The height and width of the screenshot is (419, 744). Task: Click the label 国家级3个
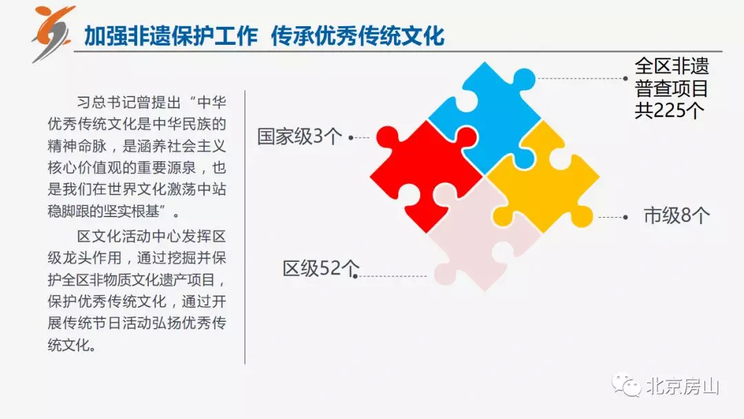click(300, 136)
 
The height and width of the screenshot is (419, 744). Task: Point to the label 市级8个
click(676, 216)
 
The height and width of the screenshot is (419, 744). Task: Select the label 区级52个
click(321, 268)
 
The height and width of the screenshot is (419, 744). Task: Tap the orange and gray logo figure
click(53, 32)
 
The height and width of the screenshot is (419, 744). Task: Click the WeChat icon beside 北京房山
click(626, 386)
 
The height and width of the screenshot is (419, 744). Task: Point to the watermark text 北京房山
click(683, 387)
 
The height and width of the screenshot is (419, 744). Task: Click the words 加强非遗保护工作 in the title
click(171, 36)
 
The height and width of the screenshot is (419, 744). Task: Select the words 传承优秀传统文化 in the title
click(358, 36)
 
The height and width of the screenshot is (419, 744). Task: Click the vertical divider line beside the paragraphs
click(245, 227)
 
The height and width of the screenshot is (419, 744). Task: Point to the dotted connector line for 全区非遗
click(581, 79)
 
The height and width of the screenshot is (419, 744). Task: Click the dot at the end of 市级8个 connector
click(626, 217)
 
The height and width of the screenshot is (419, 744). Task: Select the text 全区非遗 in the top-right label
click(672, 66)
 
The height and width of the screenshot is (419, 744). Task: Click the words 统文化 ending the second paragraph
click(69, 345)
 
